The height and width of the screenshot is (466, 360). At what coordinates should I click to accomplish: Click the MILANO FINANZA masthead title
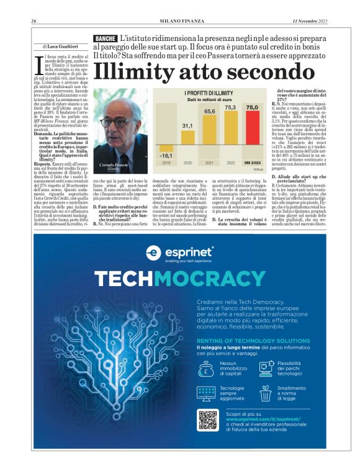point(180,21)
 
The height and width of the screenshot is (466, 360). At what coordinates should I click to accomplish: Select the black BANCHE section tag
point(105,39)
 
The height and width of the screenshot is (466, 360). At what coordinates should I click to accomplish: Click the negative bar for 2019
point(166,155)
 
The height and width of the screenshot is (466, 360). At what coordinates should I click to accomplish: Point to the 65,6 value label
point(210,111)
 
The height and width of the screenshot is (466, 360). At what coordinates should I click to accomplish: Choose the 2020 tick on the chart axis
point(187,163)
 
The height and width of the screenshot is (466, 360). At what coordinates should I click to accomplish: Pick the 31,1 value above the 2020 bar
point(187,125)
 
